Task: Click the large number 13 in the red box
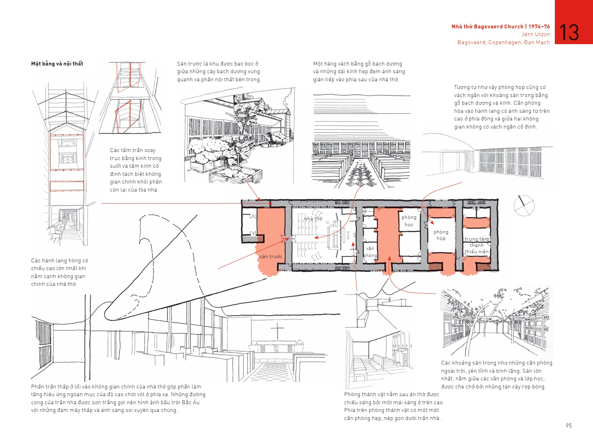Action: click(570, 33)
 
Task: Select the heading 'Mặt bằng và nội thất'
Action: click(57, 64)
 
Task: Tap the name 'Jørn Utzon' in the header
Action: click(536, 34)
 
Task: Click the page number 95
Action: click(568, 426)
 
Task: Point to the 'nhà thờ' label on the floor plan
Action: click(313, 219)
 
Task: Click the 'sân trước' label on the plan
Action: click(271, 256)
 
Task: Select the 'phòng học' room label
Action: click(409, 221)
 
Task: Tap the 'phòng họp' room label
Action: click(441, 235)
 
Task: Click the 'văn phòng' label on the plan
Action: click(370, 252)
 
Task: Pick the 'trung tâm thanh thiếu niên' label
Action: click(476, 245)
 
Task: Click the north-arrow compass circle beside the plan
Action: click(524, 206)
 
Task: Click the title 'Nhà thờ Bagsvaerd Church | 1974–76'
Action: click(501, 27)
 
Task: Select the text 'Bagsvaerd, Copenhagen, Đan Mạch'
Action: click(503, 42)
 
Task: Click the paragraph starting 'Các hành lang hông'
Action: click(60, 272)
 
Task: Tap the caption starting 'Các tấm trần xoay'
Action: click(136, 170)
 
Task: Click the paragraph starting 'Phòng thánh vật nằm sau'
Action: click(394, 406)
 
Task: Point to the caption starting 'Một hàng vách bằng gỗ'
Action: click(359, 71)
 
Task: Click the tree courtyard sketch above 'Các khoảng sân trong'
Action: click(496, 321)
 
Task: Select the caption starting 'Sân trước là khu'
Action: click(219, 71)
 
